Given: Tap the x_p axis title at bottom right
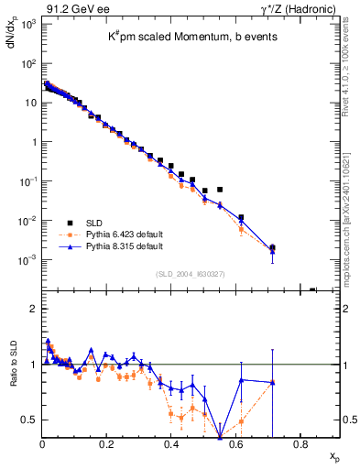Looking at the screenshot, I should pos(335,455).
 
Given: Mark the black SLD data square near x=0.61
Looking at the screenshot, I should pos(241,218).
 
